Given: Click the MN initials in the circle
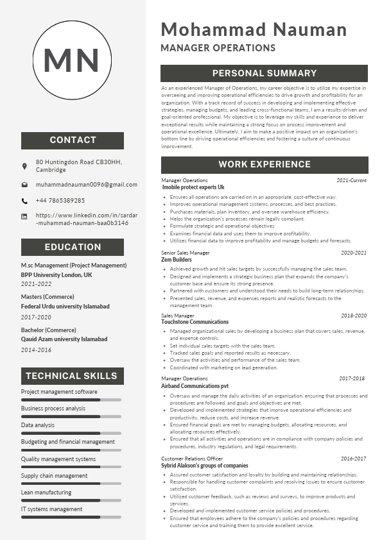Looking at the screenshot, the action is (71, 59).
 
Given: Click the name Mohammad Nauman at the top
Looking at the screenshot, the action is (254, 30).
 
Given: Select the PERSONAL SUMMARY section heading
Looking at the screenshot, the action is (265, 73).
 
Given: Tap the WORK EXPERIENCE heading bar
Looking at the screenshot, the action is (265, 165).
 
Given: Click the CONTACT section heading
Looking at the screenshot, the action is (73, 140).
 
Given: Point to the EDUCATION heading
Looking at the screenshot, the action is (73, 247).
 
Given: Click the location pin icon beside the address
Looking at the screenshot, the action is (24, 166).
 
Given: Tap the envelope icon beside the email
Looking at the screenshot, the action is (24, 185).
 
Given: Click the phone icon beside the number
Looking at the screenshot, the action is (24, 201).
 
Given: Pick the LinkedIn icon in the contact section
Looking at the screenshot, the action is (24, 217).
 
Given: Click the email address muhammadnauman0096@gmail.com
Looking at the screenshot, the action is (87, 185).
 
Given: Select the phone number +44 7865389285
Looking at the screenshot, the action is (60, 201).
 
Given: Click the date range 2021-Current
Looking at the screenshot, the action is (351, 181).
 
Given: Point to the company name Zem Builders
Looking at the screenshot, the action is (177, 260).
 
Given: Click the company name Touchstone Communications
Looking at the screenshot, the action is (195, 322).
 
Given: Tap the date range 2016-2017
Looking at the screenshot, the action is (353, 459).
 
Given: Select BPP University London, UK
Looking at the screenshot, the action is (56, 274).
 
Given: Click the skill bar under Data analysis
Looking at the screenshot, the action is (71, 433).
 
